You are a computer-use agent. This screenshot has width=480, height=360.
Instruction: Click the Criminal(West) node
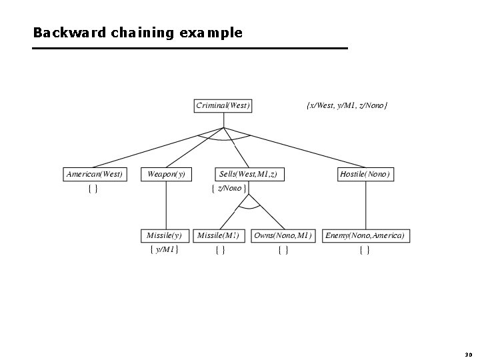(223, 105)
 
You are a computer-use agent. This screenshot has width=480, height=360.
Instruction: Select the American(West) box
(95, 174)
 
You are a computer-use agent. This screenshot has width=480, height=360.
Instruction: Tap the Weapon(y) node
(165, 174)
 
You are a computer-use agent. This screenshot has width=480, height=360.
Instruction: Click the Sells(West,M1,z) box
(248, 174)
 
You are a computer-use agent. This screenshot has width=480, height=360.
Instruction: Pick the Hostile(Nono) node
(365, 174)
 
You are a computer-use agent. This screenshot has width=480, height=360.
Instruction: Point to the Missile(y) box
(164, 235)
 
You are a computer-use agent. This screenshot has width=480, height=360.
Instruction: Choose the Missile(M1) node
(219, 235)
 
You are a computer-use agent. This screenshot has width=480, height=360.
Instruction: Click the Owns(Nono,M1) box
(283, 235)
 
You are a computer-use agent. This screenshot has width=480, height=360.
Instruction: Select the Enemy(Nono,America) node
(365, 235)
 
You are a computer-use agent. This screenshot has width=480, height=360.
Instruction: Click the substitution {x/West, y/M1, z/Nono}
(347, 105)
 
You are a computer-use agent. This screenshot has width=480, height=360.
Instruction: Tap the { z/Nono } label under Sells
(229, 189)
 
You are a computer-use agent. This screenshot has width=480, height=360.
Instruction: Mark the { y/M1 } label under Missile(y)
(164, 250)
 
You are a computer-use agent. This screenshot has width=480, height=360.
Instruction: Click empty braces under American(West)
(93, 189)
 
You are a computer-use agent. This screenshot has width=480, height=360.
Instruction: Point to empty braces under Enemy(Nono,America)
(365, 250)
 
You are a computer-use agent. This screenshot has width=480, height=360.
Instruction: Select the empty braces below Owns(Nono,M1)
(283, 250)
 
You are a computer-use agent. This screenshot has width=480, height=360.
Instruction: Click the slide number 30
(467, 355)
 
